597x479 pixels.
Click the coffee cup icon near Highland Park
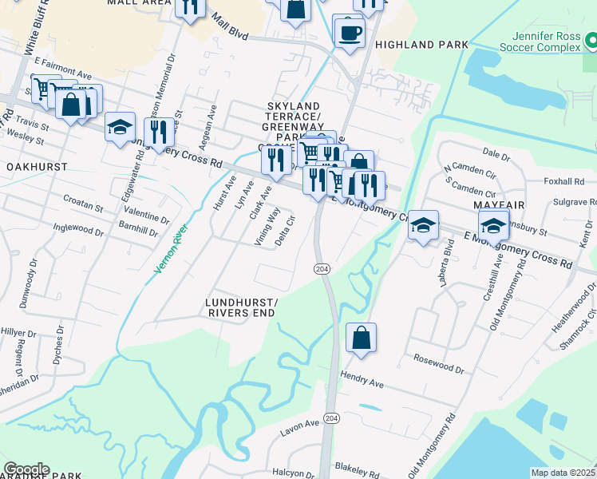(349, 33)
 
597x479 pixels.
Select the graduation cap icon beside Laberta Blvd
(423, 225)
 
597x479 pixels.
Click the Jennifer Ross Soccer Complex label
(548, 42)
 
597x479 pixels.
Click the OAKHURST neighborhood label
(37, 167)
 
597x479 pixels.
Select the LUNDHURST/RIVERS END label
(242, 308)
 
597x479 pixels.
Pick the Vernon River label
(170, 247)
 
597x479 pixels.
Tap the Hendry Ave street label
(362, 379)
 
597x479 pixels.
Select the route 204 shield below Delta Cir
(321, 270)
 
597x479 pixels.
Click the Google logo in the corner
(26, 469)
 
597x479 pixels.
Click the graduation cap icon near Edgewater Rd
(120, 128)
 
